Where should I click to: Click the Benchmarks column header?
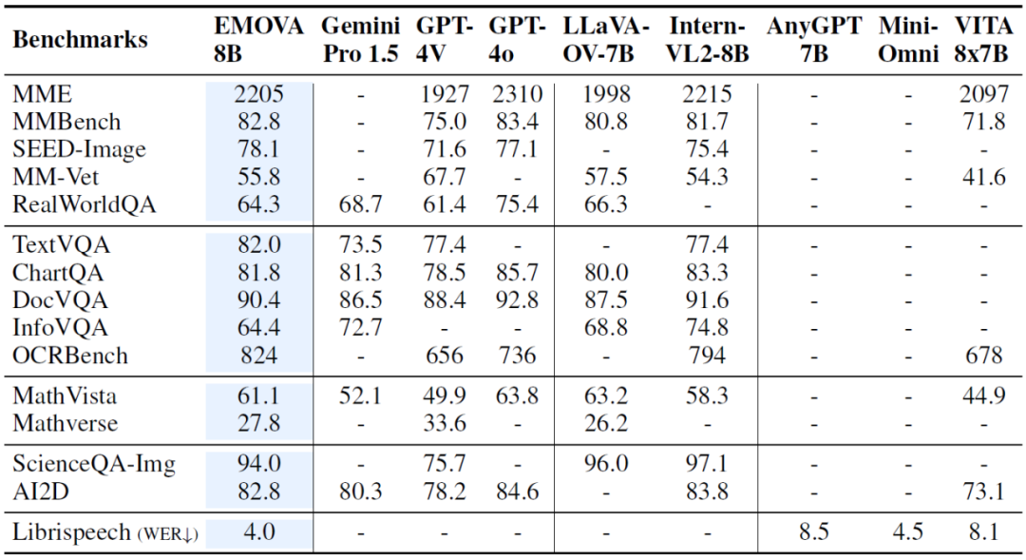[81, 40]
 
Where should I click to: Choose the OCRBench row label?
[70, 356]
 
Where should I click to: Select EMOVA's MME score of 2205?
[258, 95]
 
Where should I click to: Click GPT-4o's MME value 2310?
[517, 95]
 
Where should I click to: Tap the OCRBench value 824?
[258, 356]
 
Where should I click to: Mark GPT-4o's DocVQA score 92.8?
[517, 300]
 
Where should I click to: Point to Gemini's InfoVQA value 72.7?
[362, 328]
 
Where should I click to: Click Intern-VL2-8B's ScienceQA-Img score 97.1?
[707, 464]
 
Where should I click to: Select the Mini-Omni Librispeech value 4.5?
[907, 531]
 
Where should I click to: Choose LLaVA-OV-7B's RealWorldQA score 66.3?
[606, 204]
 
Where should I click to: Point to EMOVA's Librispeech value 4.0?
[258, 531]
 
